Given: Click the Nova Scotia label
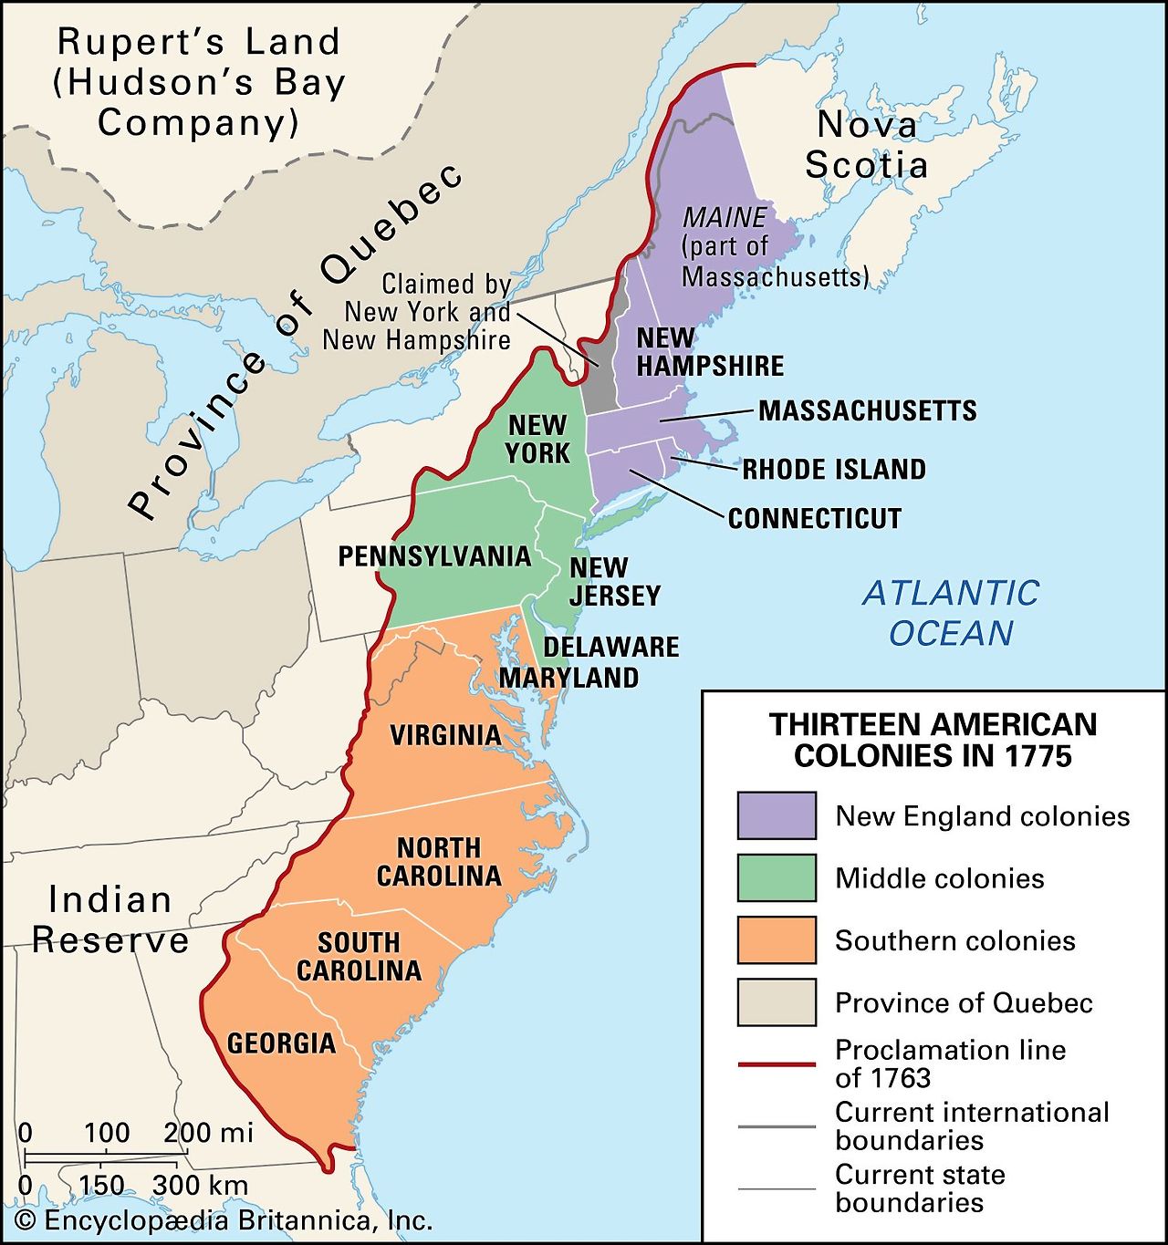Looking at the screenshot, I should pos(866,144).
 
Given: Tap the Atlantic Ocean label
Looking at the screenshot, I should pos(951,613).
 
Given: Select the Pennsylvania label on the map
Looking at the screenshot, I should pos(434,556).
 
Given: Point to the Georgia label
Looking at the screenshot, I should pos(281,1043).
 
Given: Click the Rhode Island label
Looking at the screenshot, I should pos(833,470).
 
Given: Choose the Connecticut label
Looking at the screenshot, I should pos(814,519).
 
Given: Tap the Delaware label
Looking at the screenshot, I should pos(610,648).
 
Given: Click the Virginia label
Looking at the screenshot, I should pos(444,735).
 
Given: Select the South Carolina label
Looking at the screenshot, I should pos(359,956).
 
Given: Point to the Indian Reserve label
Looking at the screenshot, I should pos(110,919).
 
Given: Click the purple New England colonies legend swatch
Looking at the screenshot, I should pos(777,815).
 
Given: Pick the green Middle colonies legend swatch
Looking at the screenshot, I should pos(777,877).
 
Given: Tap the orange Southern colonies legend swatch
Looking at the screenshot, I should pos(777,940).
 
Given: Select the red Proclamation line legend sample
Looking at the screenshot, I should pos(777,1063).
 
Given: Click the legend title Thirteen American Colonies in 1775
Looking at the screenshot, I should pos(933,740).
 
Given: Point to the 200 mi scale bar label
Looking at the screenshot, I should pos(208,1133).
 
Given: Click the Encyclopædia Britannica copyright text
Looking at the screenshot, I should pos(224,1220).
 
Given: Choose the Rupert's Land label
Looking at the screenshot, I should pos(198,82).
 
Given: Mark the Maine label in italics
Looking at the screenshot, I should pos(725,218).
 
